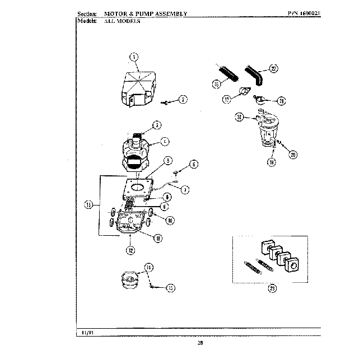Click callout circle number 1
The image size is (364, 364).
(x=133, y=57)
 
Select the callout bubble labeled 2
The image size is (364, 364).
(x=183, y=100)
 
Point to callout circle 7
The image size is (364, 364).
(x=185, y=189)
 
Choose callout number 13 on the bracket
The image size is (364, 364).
(x=88, y=204)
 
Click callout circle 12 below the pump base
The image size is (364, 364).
(x=130, y=250)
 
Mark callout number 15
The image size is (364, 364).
(x=170, y=288)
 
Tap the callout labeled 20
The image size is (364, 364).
(x=293, y=155)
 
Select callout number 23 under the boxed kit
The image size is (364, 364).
(x=272, y=289)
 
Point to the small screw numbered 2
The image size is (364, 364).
(x=165, y=102)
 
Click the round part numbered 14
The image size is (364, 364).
(x=130, y=279)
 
